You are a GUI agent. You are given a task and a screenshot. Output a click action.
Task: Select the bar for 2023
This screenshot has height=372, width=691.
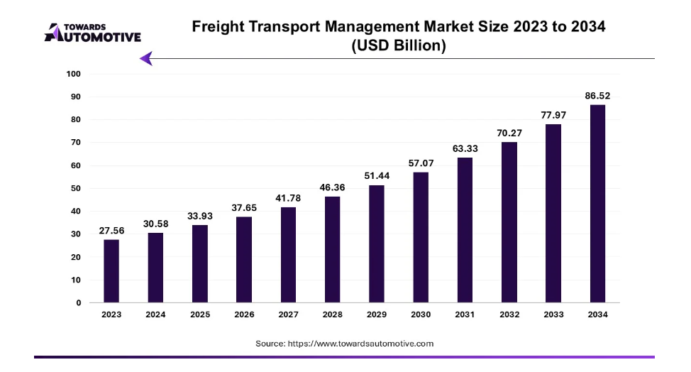[x=111, y=271]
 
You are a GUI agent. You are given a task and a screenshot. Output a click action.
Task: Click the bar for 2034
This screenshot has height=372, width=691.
[x=597, y=204]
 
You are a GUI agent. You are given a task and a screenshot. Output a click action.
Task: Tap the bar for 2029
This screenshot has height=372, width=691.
[x=377, y=244]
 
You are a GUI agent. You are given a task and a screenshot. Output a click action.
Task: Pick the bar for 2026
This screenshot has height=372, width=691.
[x=244, y=259]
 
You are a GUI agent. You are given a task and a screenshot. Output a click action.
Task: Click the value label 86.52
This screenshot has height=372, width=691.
[x=597, y=95]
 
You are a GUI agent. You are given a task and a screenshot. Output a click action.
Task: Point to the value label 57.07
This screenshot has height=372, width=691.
[x=421, y=163]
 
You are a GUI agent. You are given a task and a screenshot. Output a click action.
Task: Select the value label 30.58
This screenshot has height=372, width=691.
[x=155, y=223]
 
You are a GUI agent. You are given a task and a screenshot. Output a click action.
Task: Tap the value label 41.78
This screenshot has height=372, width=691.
[x=288, y=197]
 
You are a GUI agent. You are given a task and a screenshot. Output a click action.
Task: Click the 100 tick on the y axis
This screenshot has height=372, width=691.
[x=74, y=74]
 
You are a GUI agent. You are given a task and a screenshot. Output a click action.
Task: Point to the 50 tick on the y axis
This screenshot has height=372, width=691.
[x=76, y=189]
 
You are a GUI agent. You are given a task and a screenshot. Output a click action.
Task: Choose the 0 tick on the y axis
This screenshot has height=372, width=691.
[x=78, y=303]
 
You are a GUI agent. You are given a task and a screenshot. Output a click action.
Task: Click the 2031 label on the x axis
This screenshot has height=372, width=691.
[x=465, y=314]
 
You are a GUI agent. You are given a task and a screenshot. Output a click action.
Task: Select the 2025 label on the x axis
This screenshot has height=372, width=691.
[x=199, y=314]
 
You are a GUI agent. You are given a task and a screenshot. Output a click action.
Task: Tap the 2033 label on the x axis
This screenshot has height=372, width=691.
[x=553, y=314]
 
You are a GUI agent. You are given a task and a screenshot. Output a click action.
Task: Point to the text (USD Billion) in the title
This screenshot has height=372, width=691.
[x=399, y=46]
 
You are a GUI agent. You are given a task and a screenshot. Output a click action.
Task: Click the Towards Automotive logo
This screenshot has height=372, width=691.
[x=92, y=33]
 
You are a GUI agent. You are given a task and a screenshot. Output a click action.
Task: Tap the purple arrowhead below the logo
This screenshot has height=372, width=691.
[x=146, y=58]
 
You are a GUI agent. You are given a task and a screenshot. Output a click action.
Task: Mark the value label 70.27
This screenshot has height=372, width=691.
[x=509, y=132]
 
